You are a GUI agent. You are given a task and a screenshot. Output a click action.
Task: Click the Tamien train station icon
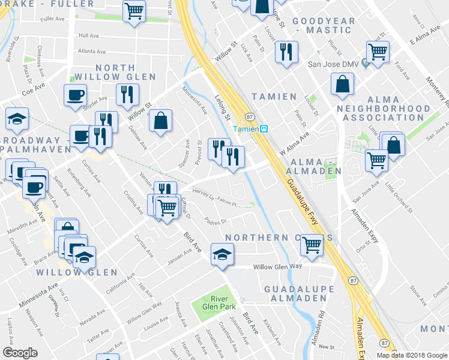click(263, 128)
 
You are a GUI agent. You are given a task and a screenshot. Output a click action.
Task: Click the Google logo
click(20, 353)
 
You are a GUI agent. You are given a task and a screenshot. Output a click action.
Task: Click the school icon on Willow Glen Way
click(221, 254)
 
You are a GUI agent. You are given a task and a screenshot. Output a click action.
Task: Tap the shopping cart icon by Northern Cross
click(312, 244)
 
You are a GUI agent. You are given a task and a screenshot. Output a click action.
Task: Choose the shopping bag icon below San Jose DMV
click(342, 85)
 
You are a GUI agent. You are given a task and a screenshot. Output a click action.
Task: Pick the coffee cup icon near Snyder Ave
click(76, 95)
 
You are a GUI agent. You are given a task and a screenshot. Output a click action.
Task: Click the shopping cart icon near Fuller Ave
click(134, 10)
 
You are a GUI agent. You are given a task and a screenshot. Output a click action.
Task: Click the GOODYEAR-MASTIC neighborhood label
click(324, 25)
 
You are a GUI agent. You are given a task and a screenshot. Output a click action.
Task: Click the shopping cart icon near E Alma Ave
click(378, 52)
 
